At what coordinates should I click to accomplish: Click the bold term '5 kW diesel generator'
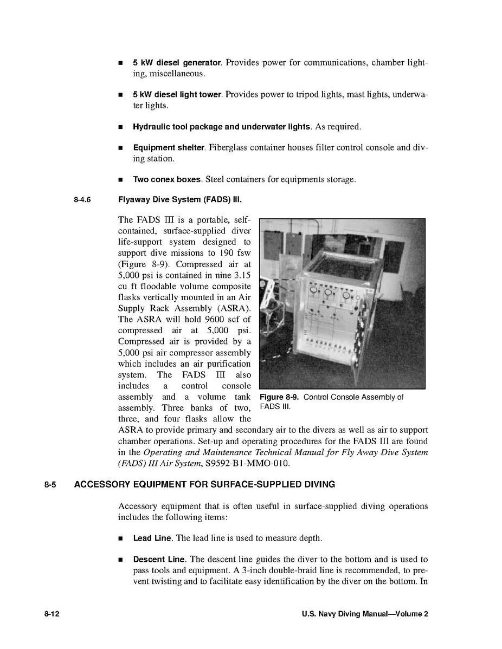coord(177,63)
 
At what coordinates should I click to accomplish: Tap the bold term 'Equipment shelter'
coord(169,148)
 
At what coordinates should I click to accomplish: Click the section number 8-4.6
coord(82,200)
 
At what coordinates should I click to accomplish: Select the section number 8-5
coord(50,484)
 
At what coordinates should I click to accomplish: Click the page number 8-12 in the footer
coord(52,614)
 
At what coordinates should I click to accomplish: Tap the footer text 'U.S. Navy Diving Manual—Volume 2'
coord(365,614)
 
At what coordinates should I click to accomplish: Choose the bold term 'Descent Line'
coord(158,559)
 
